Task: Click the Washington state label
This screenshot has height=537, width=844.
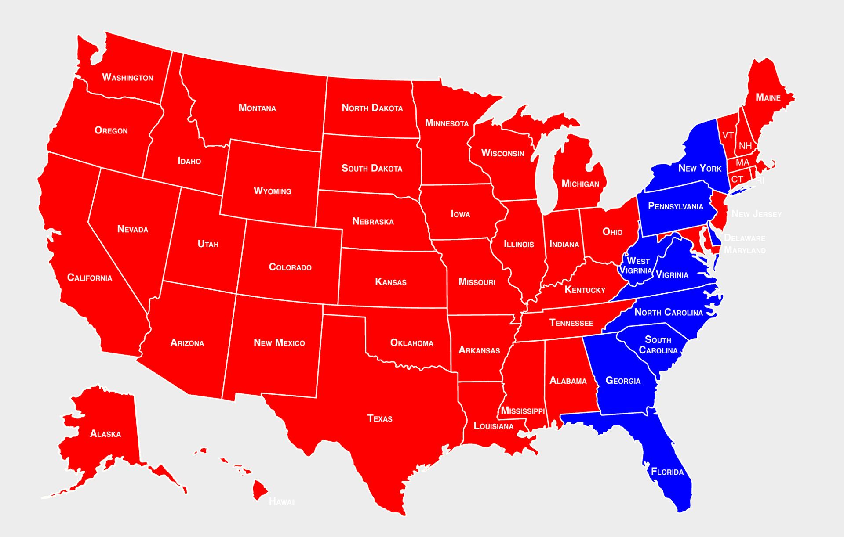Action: coord(127,78)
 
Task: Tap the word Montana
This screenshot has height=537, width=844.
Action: coord(257,108)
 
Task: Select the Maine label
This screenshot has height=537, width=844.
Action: coord(768,97)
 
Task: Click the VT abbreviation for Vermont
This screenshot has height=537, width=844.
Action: coord(728,136)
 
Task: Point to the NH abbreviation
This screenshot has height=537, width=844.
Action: coord(745,146)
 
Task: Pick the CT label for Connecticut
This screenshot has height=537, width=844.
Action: coord(737,179)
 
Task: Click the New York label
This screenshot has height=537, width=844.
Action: coord(700,169)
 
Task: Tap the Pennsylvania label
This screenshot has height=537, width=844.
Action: coord(676,206)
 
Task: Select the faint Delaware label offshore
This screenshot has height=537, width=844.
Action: coord(745,238)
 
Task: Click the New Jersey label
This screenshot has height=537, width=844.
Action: coord(757,214)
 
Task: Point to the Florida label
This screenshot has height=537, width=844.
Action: coord(667,472)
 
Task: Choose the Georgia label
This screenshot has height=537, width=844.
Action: coord(623,381)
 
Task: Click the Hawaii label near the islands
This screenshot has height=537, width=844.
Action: coord(282,501)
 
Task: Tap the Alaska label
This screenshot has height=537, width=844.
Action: coord(105,434)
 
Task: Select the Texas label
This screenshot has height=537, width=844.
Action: coord(380,418)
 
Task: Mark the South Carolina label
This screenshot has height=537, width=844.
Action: coord(658,345)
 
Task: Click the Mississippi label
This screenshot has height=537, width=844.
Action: coord(523,411)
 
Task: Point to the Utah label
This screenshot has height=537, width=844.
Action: coord(208,244)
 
